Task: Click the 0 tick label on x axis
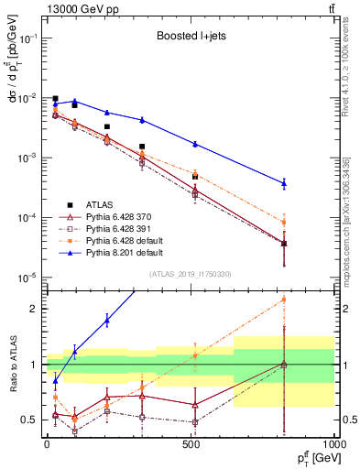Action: tap(46, 446)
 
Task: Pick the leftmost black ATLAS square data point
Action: tap(56, 99)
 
